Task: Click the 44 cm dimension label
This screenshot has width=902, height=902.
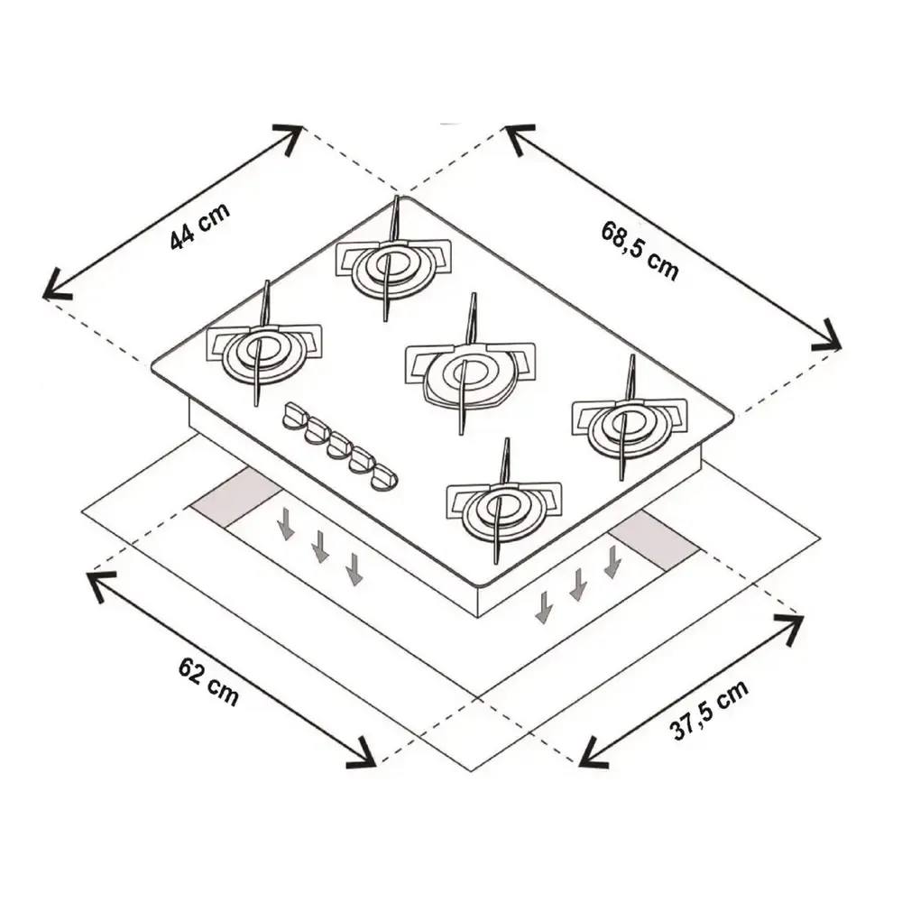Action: pos(200,226)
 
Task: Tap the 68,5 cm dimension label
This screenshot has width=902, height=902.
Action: pos(640,251)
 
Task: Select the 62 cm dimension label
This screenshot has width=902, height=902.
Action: pos(208,682)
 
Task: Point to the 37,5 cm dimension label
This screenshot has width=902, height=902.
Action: pos(710,709)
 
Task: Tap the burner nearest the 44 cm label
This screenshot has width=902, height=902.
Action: pos(262,352)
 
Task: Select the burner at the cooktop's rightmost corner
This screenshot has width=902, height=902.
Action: pos(629,425)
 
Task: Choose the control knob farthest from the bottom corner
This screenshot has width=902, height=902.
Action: pos(296,415)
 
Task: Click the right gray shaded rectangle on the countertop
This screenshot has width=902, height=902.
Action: pos(655,540)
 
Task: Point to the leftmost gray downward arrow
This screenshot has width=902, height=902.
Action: pos(285,522)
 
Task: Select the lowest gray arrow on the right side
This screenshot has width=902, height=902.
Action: pos(542,606)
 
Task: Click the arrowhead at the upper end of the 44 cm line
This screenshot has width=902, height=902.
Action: pos(289,137)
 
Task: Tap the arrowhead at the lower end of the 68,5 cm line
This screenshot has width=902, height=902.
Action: pos(827,336)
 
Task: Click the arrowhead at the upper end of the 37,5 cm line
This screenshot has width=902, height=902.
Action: pos(789,628)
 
